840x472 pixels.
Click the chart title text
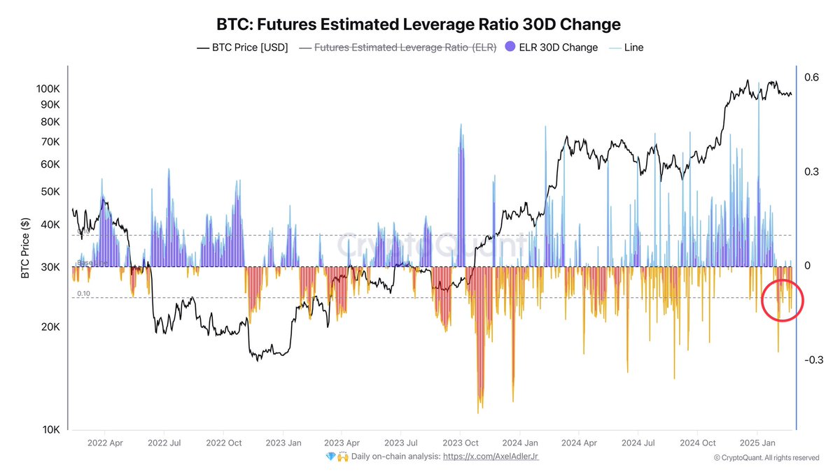tap(420, 24)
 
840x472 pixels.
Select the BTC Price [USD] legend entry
tap(242, 48)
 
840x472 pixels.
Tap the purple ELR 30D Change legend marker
tap(510, 48)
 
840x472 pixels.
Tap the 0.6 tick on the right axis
tap(811, 78)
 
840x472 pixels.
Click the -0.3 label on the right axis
tap(813, 360)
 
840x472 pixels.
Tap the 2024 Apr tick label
tap(580, 443)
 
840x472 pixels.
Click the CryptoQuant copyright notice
tap(766, 458)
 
